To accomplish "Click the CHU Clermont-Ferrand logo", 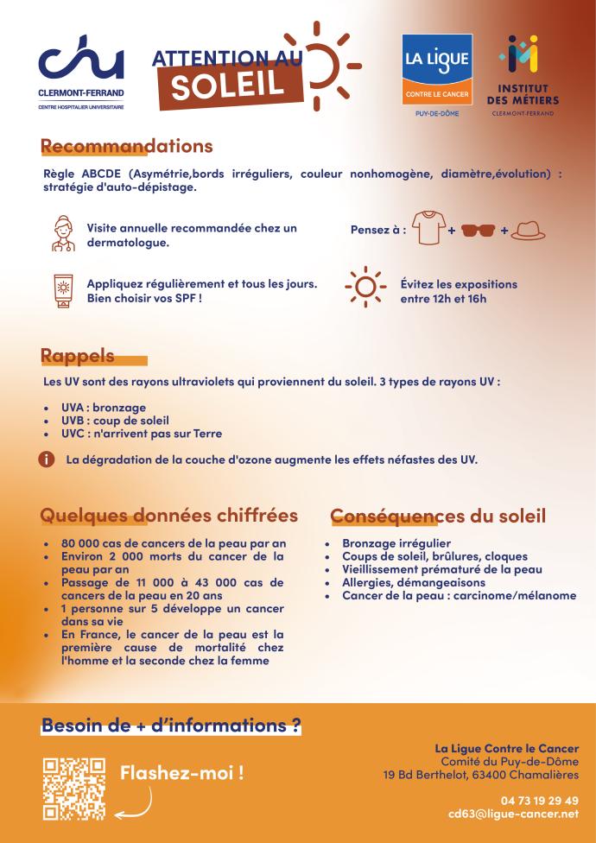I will (x=80, y=74).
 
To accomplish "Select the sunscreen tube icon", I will (x=63, y=291).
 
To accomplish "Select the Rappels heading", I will (x=78, y=356).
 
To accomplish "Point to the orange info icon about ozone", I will (x=48, y=460).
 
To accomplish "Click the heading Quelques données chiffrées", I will (x=169, y=516).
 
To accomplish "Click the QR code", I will (x=73, y=788).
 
